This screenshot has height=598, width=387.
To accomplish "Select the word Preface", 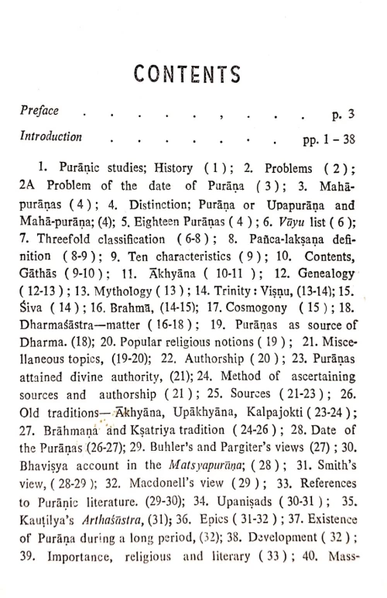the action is [x=40, y=110].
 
